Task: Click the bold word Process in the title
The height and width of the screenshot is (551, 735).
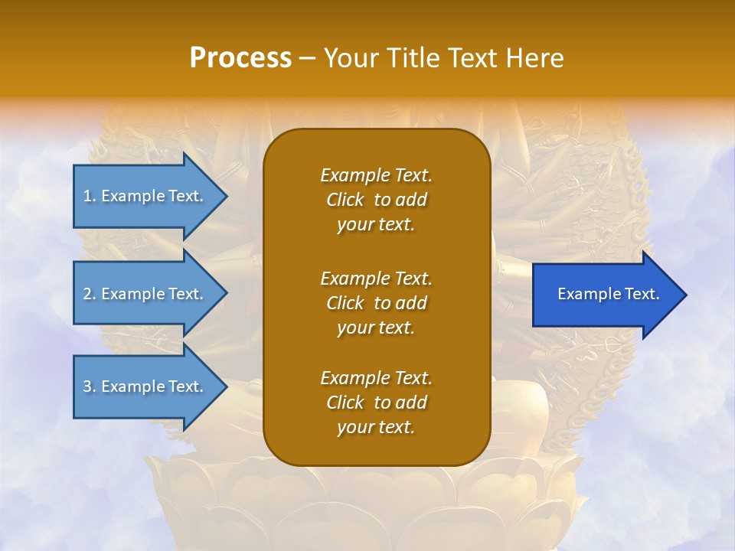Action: (x=240, y=57)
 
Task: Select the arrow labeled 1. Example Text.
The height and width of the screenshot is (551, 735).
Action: (x=145, y=196)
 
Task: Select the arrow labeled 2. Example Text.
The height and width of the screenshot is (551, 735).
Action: (x=145, y=294)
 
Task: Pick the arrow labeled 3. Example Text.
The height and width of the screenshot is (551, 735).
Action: (x=145, y=386)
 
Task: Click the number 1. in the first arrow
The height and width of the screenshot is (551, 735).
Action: (x=90, y=196)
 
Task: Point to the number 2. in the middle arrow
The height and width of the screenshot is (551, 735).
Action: (x=90, y=294)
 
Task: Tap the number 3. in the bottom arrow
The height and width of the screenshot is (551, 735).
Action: (x=90, y=386)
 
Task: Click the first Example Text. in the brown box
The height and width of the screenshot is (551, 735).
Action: (x=376, y=175)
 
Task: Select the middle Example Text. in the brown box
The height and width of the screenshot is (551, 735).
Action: (x=376, y=278)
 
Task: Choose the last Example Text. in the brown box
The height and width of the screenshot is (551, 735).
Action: (x=376, y=378)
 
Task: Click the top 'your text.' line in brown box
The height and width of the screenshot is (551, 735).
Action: (x=376, y=225)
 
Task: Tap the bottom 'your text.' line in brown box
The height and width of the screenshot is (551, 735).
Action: (x=376, y=428)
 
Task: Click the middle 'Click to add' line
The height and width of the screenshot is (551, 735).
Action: (x=376, y=303)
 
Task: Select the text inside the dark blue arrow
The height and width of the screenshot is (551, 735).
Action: (x=608, y=294)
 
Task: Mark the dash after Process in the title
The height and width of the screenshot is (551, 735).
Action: (x=307, y=58)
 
